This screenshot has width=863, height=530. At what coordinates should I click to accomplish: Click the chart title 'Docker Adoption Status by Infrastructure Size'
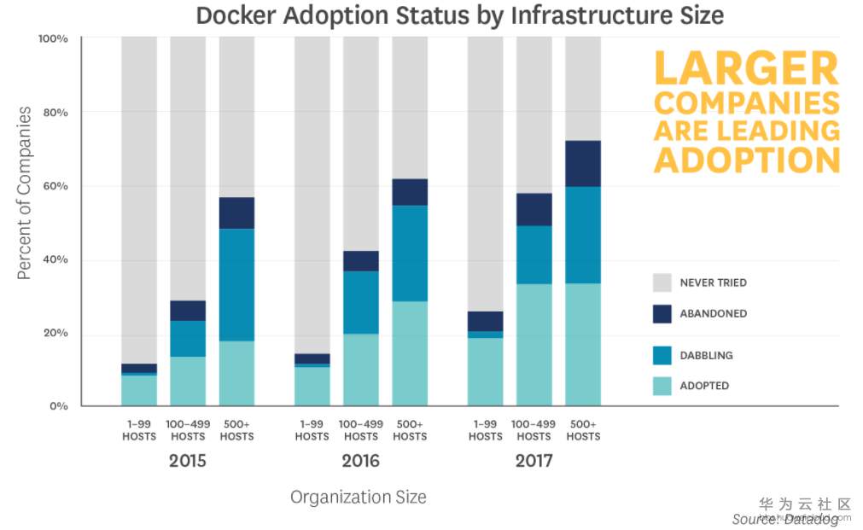click(x=459, y=15)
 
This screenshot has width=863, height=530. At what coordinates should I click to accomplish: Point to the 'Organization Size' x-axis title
click(x=358, y=497)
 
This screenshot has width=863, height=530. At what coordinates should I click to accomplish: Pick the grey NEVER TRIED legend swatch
click(x=662, y=282)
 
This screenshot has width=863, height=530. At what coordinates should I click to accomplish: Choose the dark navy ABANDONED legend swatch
click(x=662, y=313)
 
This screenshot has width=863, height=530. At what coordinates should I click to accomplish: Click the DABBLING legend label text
click(x=706, y=355)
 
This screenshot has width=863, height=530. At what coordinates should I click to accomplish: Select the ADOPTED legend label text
click(x=704, y=386)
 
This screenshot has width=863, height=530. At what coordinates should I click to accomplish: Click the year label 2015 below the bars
click(x=187, y=462)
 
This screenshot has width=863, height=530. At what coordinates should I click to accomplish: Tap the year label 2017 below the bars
click(x=534, y=462)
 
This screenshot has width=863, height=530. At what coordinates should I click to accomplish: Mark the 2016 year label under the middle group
click(x=360, y=462)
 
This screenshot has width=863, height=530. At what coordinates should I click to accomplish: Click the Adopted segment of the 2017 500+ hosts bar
click(x=583, y=345)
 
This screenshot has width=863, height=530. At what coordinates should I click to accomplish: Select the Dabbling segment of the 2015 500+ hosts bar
click(x=236, y=285)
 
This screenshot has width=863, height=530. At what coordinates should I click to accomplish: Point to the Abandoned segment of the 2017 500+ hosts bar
click(x=583, y=164)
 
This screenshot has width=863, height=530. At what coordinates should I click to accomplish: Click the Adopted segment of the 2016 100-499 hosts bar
click(x=361, y=370)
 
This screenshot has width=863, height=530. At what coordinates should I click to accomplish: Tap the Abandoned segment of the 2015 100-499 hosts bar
click(x=188, y=311)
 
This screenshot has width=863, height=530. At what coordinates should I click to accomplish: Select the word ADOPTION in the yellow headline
click(x=746, y=160)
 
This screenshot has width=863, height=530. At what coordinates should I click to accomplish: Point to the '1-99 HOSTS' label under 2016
click(x=312, y=430)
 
